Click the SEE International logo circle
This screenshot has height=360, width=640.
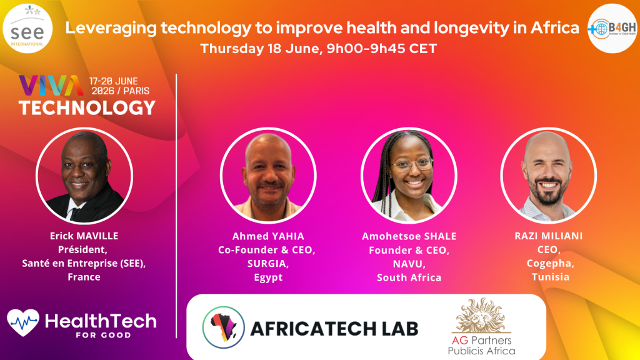point(27,29)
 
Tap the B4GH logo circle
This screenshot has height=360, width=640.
point(612,29)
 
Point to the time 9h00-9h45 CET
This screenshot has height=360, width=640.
point(382,49)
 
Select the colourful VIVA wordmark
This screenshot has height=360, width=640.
point(51,85)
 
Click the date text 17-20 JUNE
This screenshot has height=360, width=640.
point(114,81)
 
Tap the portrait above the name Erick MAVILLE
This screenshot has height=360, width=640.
point(84,176)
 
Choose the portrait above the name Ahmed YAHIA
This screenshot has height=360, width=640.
point(268,176)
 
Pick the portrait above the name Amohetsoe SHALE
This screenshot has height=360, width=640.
point(409,176)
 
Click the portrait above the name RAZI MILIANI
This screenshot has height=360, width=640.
point(549,176)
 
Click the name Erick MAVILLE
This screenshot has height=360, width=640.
point(84,236)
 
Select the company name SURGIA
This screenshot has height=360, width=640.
point(268,264)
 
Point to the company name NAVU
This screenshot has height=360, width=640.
point(409,264)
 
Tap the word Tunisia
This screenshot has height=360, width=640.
point(550,277)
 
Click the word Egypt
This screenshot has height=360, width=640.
point(268,277)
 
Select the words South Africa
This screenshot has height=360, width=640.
point(409,277)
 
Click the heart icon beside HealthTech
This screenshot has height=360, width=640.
point(23,322)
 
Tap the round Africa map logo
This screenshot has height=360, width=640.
point(223,327)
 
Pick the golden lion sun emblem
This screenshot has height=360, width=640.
point(482,316)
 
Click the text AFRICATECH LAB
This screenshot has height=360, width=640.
point(334,329)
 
